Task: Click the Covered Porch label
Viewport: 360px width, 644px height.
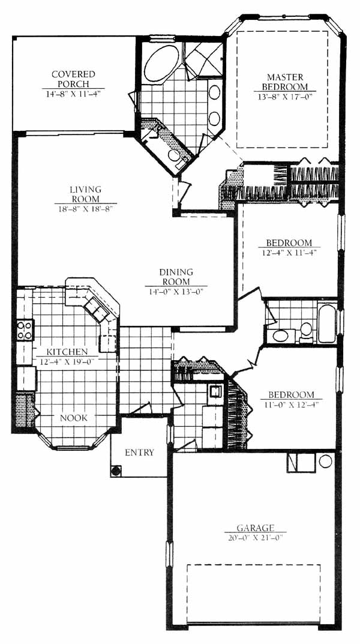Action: (x=73, y=79)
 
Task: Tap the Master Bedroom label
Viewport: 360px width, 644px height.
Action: (x=285, y=82)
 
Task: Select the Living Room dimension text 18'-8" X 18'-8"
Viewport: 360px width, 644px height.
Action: (x=85, y=209)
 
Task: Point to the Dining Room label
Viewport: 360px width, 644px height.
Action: (x=176, y=277)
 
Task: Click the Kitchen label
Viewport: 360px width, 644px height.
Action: (x=67, y=352)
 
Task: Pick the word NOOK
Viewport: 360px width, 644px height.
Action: (x=74, y=418)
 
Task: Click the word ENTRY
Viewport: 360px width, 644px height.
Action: (x=140, y=453)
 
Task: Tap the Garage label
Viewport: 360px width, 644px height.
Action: (x=256, y=528)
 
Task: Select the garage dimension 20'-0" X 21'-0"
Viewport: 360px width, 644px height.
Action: (x=256, y=537)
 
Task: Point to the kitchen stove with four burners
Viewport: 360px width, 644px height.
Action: (x=25, y=330)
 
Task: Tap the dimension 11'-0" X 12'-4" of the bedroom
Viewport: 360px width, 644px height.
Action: (x=291, y=404)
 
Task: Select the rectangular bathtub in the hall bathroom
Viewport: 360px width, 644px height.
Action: (x=327, y=324)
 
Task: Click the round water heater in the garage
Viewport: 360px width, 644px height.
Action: (x=326, y=461)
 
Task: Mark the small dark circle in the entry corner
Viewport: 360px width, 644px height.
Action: (x=116, y=471)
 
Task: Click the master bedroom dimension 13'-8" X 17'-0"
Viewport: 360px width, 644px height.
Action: (x=285, y=97)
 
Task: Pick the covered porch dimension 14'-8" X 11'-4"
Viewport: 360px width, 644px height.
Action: (x=73, y=93)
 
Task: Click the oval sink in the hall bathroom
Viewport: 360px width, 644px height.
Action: (x=281, y=335)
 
